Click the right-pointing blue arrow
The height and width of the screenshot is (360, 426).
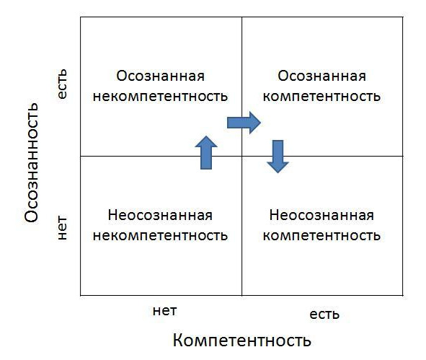click(x=244, y=123)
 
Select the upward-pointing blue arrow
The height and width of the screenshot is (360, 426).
click(x=206, y=152)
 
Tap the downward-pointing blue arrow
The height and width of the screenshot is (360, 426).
click(x=278, y=157)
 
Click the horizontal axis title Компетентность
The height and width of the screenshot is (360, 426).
click(x=241, y=340)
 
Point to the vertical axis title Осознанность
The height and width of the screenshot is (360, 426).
click(x=32, y=162)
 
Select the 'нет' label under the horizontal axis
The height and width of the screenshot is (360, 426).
click(x=164, y=311)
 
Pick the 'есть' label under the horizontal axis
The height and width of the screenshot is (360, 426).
click(x=324, y=315)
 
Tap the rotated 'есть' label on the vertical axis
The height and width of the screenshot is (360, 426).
click(x=62, y=84)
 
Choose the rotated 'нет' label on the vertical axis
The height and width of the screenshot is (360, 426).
click(x=62, y=228)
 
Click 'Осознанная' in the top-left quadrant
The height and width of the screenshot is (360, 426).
click(x=160, y=76)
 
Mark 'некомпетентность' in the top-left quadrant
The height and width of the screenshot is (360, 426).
click(x=160, y=96)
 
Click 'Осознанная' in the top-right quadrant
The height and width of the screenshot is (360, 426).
click(x=321, y=76)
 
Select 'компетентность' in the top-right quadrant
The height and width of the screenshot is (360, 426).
click(x=321, y=96)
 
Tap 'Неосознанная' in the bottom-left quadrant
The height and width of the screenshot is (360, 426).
click(x=160, y=215)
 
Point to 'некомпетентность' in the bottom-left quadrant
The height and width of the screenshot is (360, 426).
click(x=160, y=235)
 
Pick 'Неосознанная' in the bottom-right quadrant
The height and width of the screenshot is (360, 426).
click(x=321, y=215)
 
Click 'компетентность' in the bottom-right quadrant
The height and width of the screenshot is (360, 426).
click(x=321, y=235)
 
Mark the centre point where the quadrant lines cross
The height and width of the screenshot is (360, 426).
click(x=241, y=156)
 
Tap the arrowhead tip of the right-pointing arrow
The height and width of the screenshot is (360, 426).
click(x=261, y=123)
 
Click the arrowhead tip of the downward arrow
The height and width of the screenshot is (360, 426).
click(x=278, y=172)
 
